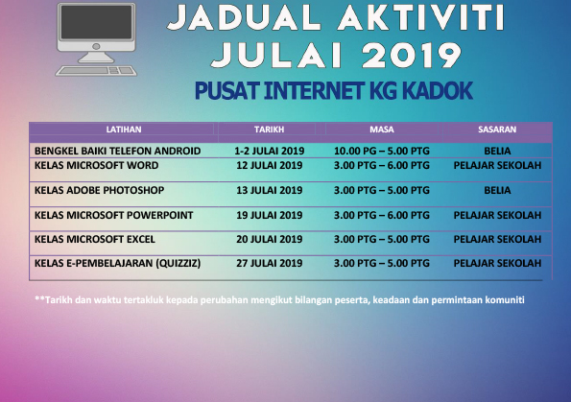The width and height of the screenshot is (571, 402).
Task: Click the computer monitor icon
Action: [94, 32]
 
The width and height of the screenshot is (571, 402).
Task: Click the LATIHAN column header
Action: [122, 129]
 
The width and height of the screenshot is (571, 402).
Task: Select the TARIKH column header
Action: [269, 129]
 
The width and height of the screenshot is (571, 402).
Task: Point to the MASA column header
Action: [381, 129]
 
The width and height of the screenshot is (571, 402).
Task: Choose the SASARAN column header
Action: [497, 129]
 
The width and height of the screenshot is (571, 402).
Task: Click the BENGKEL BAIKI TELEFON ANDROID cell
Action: [117, 151]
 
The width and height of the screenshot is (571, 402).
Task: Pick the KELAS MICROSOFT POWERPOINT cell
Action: [114, 214]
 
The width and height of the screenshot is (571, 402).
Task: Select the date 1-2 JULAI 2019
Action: [269, 151]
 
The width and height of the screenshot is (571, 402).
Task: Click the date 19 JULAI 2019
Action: [269, 214]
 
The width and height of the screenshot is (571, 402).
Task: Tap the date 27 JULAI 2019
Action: [269, 262]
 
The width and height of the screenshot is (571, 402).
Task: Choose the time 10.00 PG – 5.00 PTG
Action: [381, 151]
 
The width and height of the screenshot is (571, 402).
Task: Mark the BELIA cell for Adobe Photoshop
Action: [497, 190]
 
